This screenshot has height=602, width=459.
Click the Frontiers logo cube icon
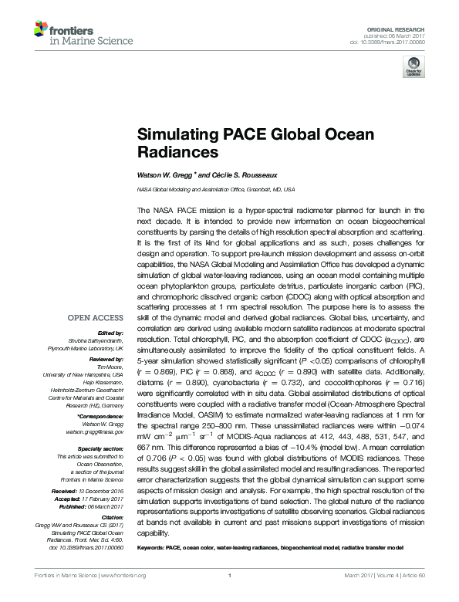pos(41,29)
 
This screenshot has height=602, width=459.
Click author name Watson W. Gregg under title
pos(165,175)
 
